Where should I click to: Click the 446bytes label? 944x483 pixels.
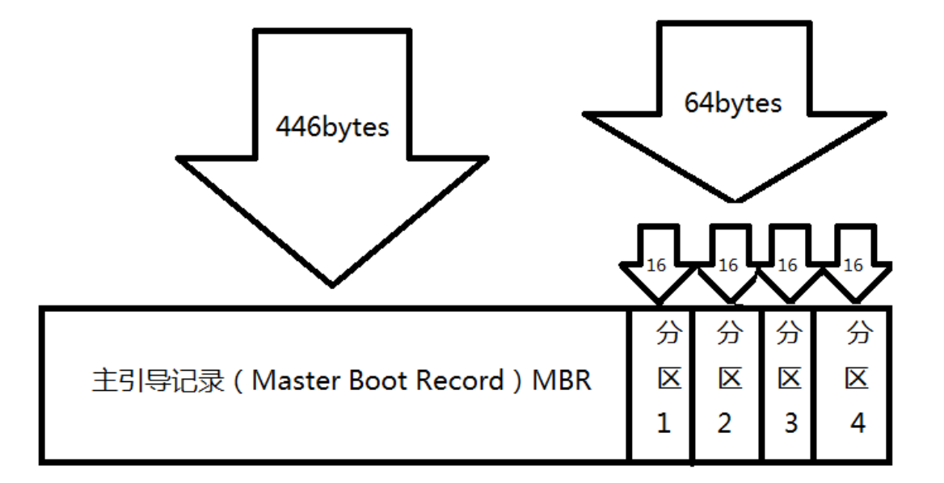(x=332, y=127)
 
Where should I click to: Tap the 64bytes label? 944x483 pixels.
(x=732, y=104)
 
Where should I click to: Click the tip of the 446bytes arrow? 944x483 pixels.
(x=332, y=284)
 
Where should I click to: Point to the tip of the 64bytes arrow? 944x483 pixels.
(x=735, y=200)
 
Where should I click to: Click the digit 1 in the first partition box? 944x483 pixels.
(x=664, y=422)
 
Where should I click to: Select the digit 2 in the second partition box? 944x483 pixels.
(x=724, y=422)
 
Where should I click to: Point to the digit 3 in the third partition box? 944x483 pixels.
(x=790, y=422)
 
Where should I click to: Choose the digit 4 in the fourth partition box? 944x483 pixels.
(x=858, y=422)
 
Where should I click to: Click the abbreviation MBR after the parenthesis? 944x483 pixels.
(x=561, y=380)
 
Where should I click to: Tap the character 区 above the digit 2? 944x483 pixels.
(x=730, y=377)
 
